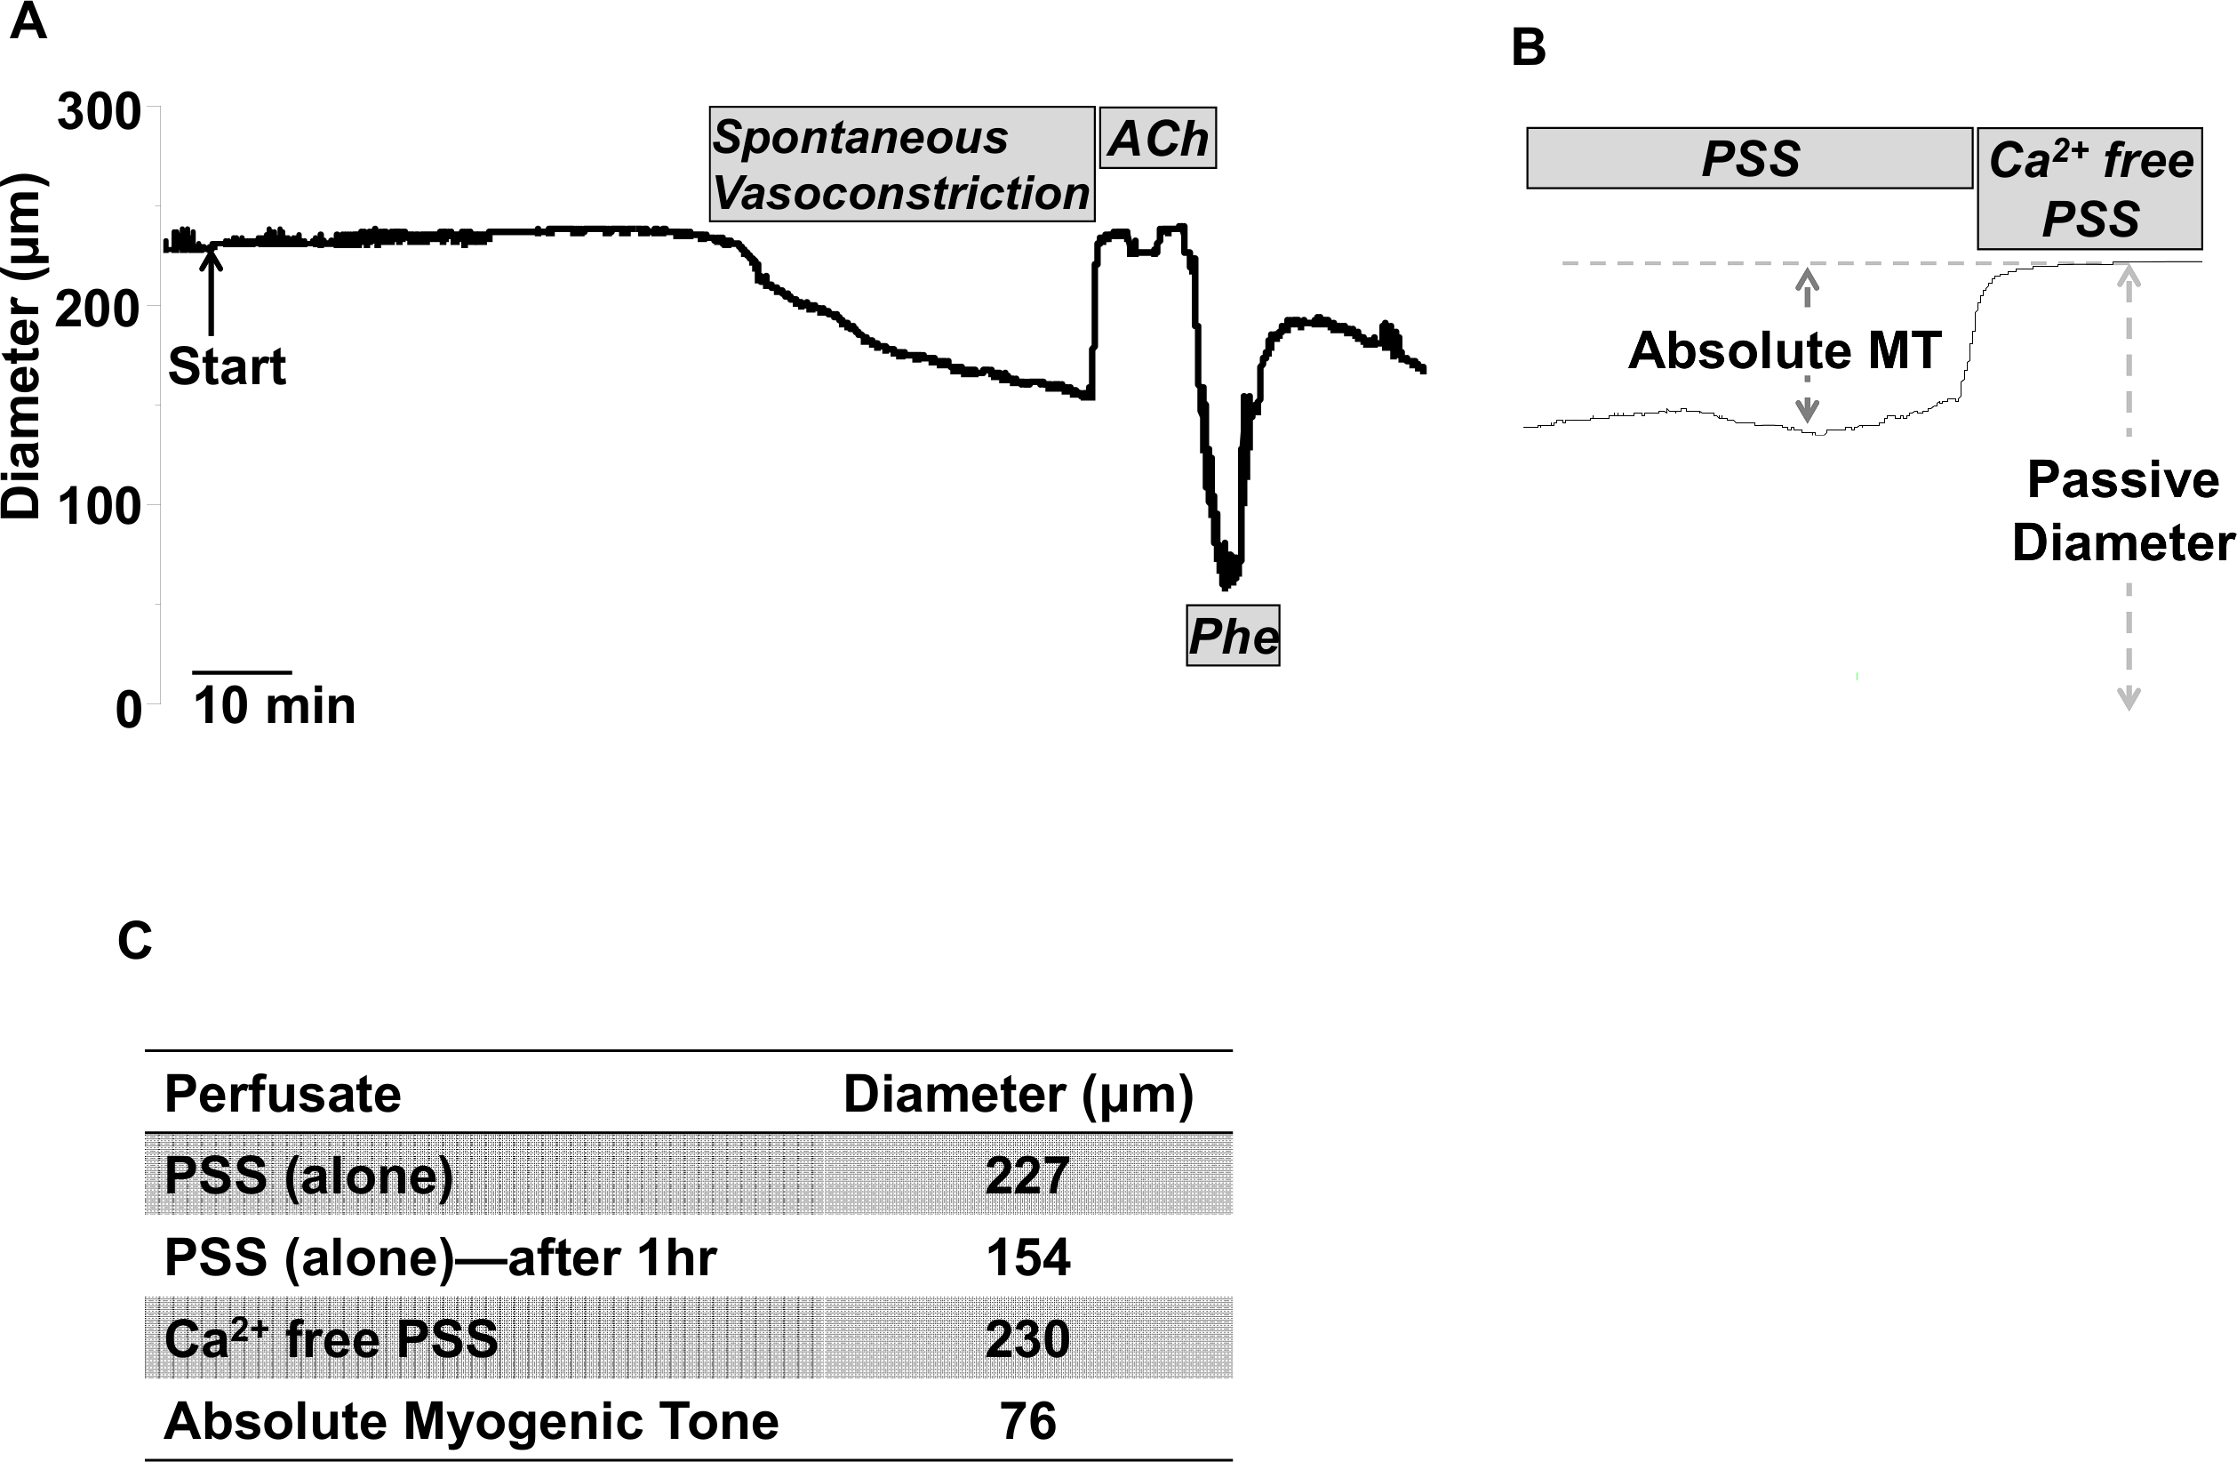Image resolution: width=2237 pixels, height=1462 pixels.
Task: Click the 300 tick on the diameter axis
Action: point(99,113)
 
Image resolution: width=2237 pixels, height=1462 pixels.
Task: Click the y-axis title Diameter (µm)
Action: point(20,345)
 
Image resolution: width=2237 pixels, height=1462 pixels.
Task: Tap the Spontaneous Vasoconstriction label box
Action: point(901,165)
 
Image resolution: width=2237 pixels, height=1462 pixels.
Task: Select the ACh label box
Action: point(1157,139)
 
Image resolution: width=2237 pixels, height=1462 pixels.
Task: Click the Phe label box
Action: point(1232,637)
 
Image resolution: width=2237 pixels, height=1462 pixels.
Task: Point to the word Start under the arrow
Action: point(227,365)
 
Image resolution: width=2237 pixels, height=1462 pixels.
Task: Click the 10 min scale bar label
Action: point(275,705)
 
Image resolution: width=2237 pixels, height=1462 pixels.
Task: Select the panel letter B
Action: point(1529,47)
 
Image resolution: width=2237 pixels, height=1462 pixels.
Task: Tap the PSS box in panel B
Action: point(1749,158)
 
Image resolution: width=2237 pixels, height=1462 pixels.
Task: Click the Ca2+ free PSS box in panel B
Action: point(2089,188)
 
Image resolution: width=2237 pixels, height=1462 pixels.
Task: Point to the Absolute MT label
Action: point(1784,350)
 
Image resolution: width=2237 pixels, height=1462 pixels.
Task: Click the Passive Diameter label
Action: point(2122,510)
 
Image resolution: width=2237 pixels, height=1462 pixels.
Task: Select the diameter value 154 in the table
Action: point(1027,1257)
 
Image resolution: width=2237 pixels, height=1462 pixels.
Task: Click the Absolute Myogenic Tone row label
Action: point(471,1420)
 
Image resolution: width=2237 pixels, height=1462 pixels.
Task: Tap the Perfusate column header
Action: point(283,1094)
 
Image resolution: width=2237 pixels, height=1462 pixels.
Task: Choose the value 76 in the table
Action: point(1027,1420)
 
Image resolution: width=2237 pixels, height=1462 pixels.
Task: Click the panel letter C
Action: point(134,940)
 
